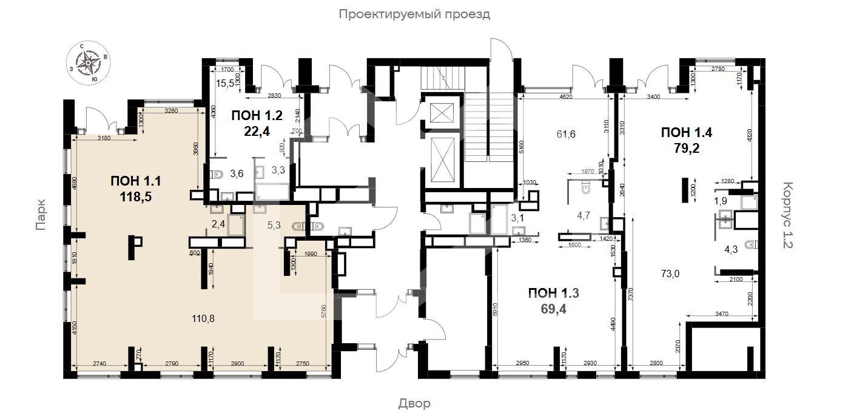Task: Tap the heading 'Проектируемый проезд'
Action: (414, 14)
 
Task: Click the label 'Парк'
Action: (41, 216)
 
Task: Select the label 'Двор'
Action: (414, 403)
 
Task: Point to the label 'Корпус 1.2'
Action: (787, 216)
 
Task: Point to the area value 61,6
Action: (565, 135)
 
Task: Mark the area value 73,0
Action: (670, 273)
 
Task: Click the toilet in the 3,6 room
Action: (217, 175)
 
